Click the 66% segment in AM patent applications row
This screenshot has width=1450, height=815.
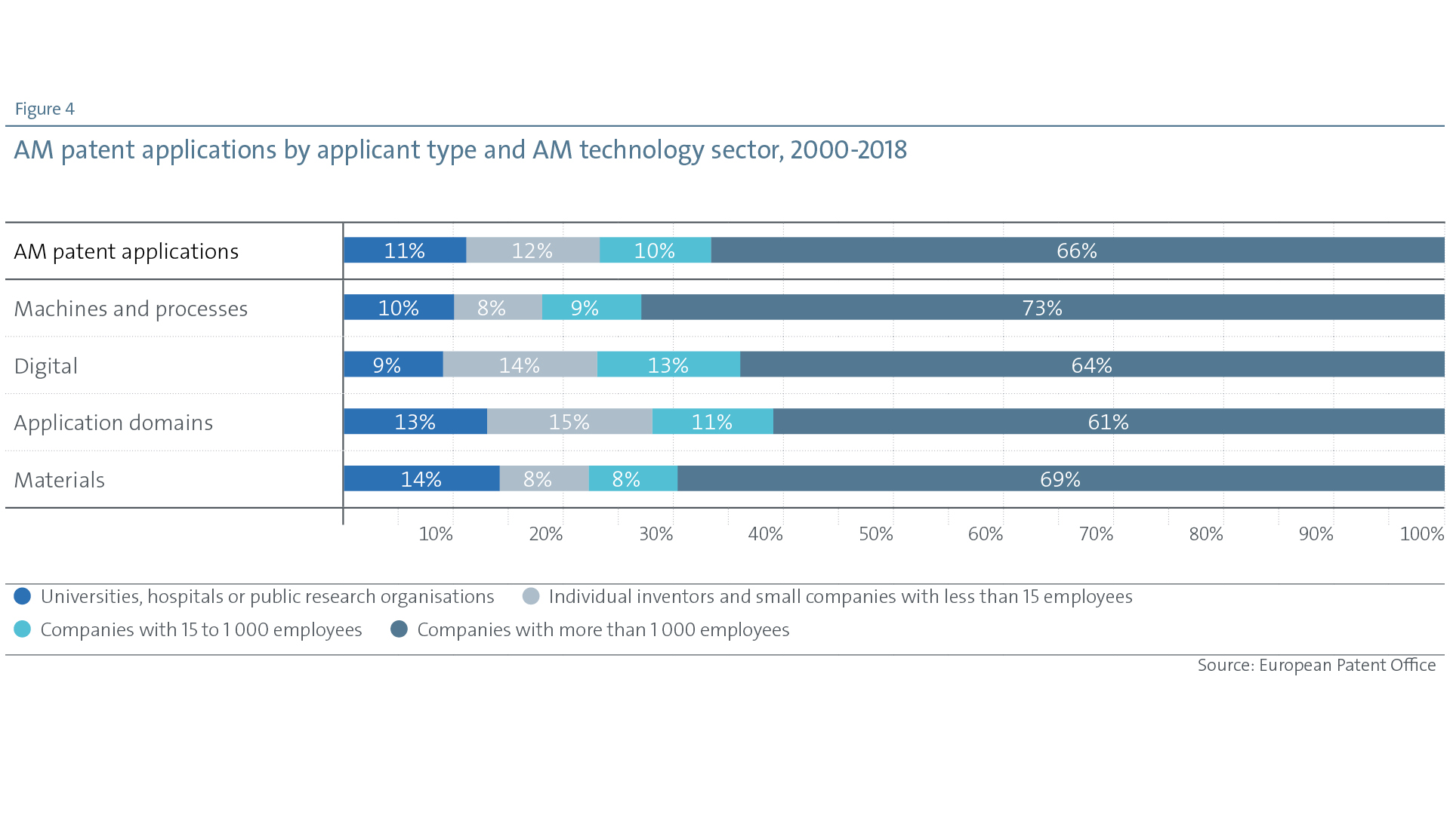1077,251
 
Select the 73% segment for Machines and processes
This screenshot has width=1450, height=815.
1042,308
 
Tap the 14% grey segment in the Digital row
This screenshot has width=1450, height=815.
520,365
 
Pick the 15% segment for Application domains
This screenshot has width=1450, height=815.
569,422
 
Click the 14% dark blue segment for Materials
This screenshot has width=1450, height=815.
421,479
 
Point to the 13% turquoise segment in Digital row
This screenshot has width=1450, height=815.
668,365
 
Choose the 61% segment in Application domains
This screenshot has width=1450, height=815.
1108,422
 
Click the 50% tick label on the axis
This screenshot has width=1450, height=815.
876,534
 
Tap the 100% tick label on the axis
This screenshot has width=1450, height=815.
1421,534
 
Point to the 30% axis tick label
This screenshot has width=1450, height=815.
656,534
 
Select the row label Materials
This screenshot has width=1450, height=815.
60,480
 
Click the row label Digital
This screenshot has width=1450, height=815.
46,366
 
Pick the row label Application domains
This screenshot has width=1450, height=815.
113,423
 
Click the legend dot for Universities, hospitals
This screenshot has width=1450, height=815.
23,596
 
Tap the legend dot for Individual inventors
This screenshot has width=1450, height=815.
531,596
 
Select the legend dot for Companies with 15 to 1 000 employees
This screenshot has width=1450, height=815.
23,629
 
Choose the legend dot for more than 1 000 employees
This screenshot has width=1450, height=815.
399,629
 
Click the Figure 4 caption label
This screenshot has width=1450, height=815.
45,109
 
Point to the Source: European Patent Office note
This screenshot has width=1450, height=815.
1316,666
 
